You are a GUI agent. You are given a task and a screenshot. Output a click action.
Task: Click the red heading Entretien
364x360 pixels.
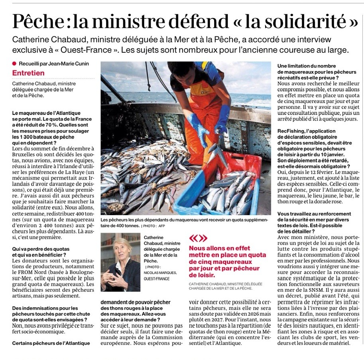pyautogui.click(x=28, y=73)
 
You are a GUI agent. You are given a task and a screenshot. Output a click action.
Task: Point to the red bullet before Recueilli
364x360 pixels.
pyautogui.click(x=14, y=63)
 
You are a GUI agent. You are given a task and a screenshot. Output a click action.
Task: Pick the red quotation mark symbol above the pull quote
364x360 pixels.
pyautogui.click(x=199, y=239)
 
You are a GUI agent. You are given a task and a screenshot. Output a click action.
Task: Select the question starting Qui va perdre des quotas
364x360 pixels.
pyautogui.click(x=39, y=249)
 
